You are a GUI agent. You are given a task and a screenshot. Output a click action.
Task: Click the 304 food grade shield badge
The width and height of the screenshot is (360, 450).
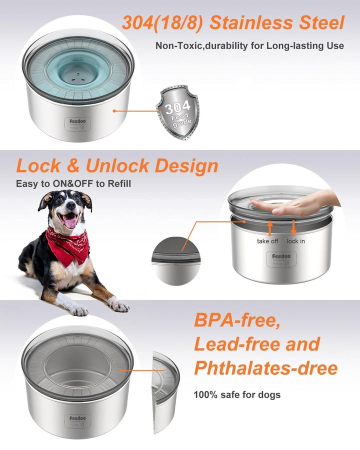click(x=178, y=112)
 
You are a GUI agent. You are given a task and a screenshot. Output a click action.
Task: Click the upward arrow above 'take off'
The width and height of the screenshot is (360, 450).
click(x=270, y=228)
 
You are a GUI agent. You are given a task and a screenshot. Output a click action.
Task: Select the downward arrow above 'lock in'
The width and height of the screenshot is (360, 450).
click(x=293, y=228)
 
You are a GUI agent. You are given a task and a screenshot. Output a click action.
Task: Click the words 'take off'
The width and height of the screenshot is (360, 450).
click(x=267, y=241)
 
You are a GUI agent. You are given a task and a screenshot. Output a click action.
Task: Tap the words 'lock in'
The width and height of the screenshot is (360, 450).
click(x=295, y=241)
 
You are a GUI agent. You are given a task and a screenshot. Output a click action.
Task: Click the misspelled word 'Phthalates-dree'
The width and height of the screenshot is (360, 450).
click(x=265, y=368)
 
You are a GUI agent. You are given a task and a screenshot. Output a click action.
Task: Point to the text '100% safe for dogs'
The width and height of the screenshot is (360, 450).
click(x=237, y=394)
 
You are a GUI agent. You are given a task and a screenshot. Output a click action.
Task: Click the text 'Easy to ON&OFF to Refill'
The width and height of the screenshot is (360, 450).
click(x=73, y=183)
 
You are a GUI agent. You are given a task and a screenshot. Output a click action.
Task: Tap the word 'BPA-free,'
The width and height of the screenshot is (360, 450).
click(x=237, y=320)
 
